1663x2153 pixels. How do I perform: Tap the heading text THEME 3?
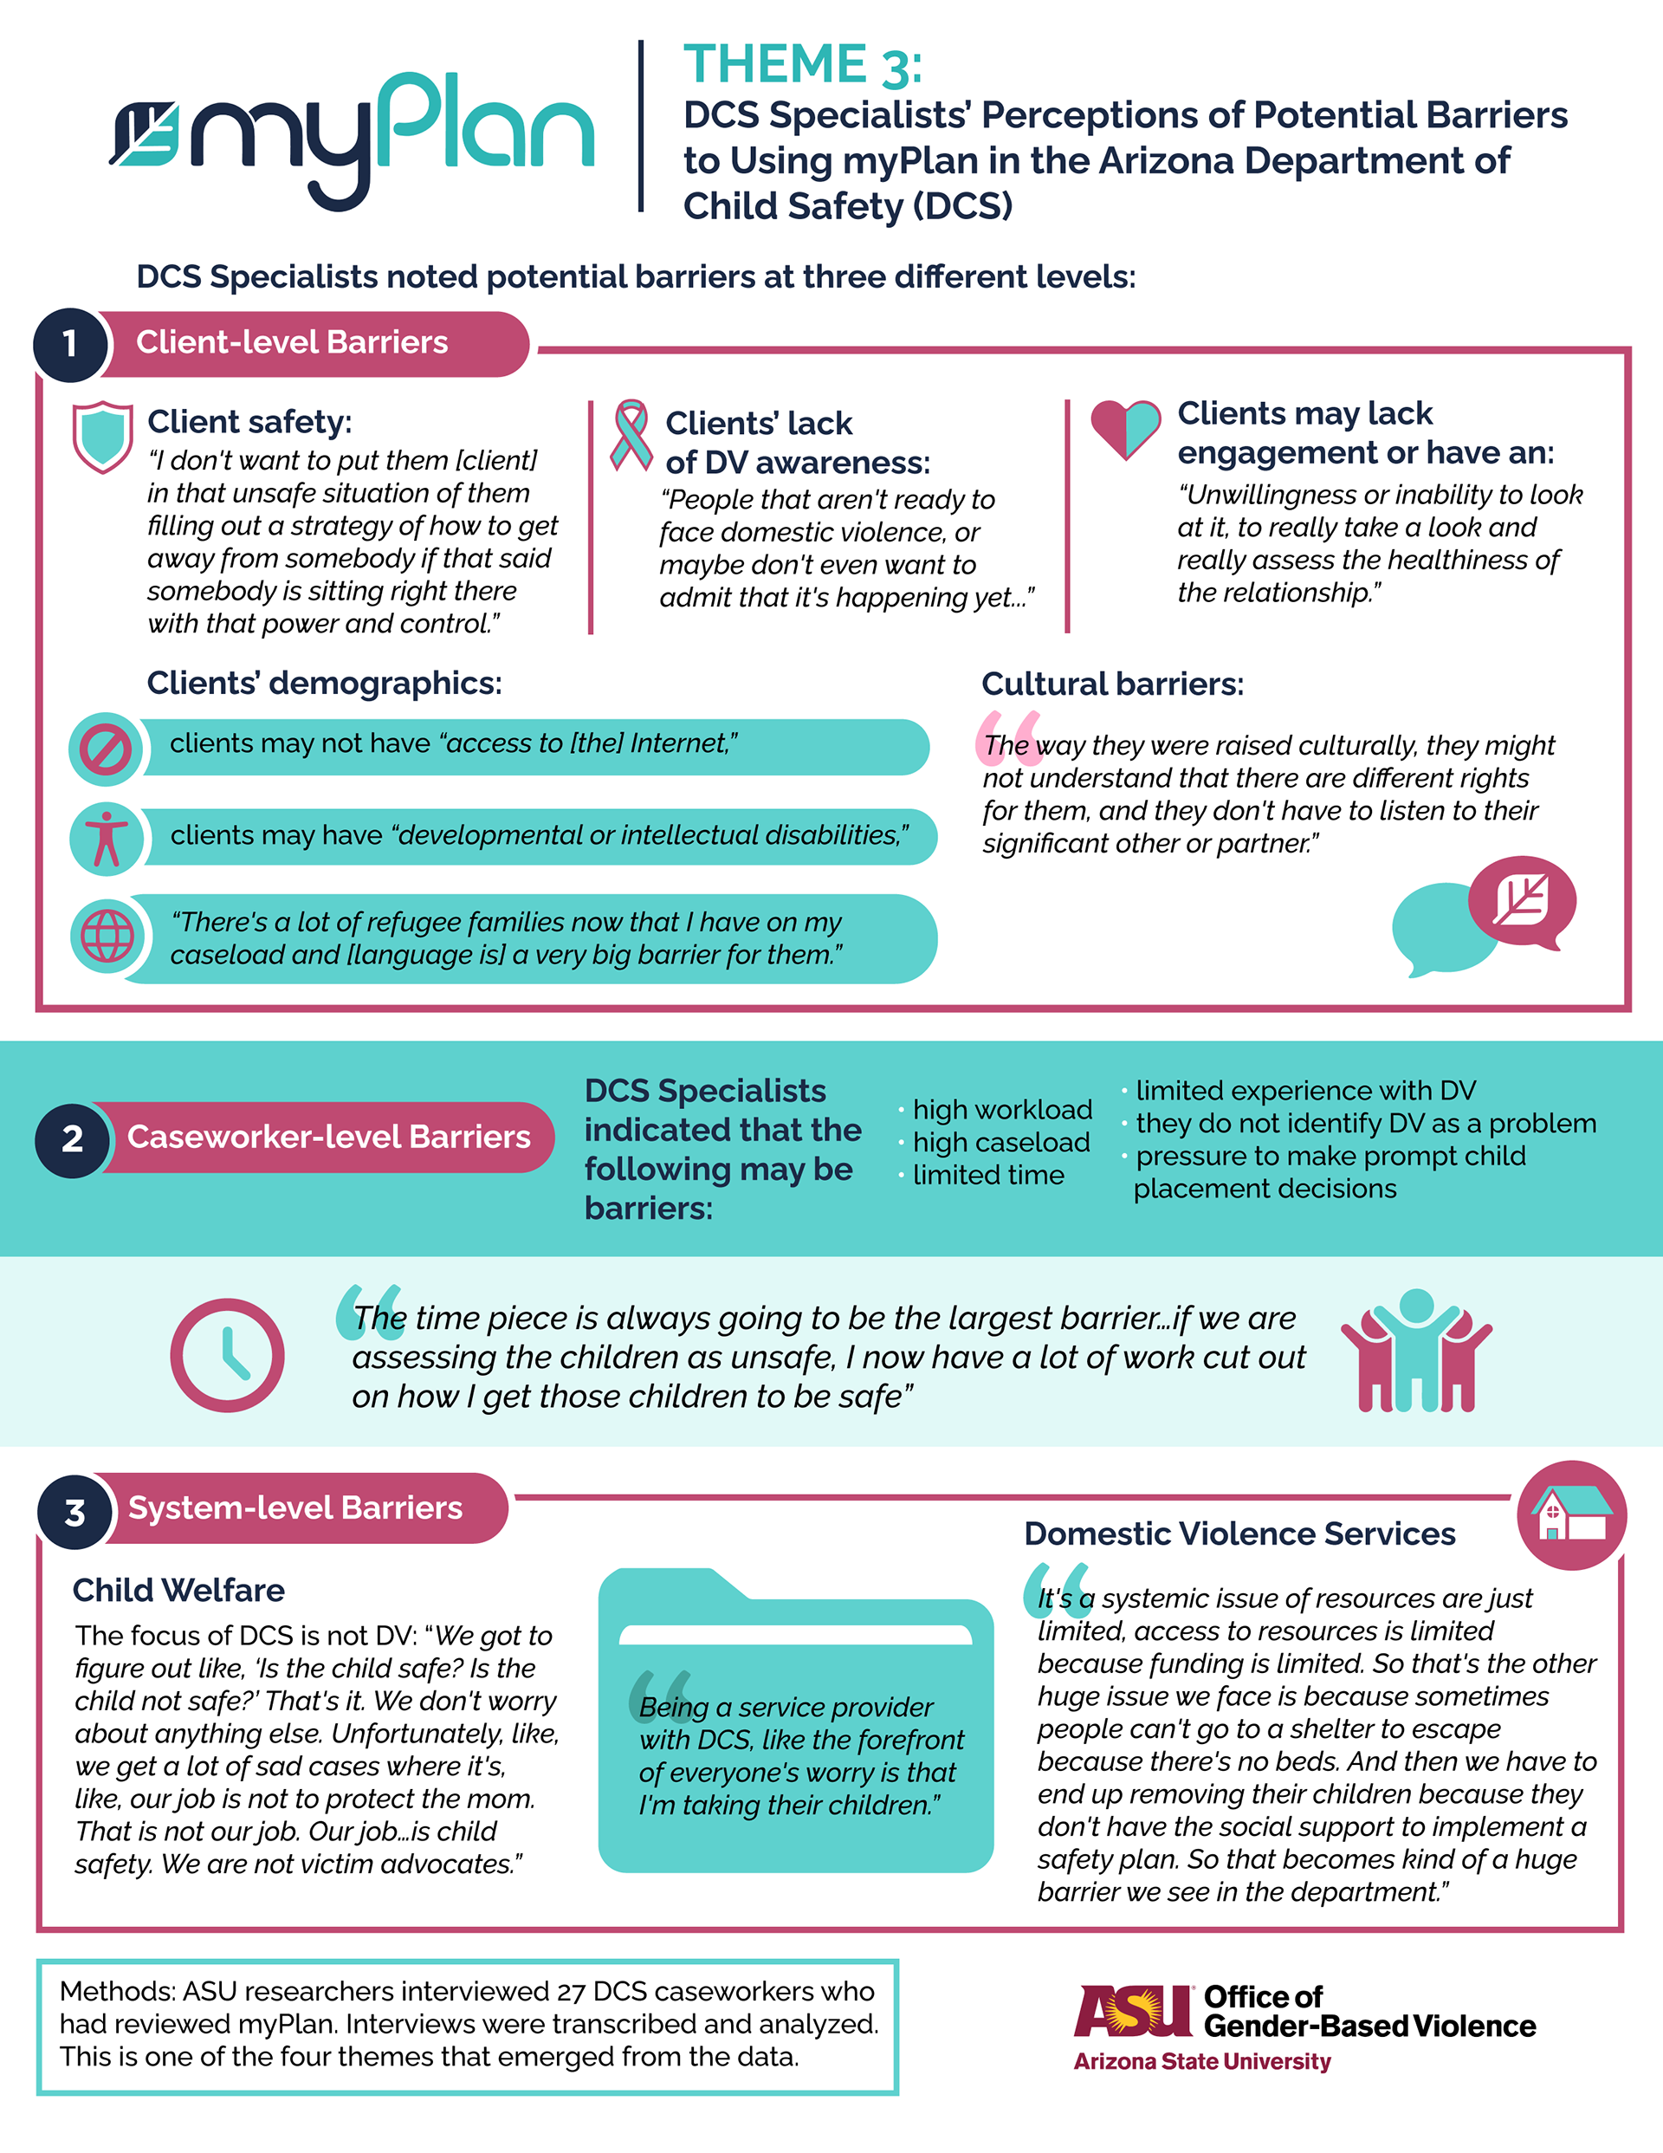point(802,65)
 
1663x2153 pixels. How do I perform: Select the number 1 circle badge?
point(70,343)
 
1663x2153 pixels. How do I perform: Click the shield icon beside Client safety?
point(102,436)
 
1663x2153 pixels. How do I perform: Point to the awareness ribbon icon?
point(631,434)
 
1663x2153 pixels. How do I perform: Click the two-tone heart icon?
point(1125,429)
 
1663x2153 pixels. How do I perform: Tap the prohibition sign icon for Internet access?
point(106,749)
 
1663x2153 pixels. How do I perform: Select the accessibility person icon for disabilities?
point(107,838)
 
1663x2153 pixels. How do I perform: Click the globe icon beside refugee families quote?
point(107,935)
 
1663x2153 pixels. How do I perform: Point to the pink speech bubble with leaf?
point(1521,901)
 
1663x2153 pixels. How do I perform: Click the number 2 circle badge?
point(72,1138)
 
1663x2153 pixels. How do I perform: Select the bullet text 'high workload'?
point(1001,1110)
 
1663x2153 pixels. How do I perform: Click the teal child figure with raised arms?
point(1415,1347)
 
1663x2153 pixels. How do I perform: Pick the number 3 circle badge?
point(74,1512)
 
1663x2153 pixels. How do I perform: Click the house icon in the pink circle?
point(1571,1515)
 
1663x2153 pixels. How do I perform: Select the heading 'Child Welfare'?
point(178,1590)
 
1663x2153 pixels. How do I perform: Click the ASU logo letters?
point(1134,2011)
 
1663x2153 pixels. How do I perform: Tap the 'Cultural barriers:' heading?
point(1112,684)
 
